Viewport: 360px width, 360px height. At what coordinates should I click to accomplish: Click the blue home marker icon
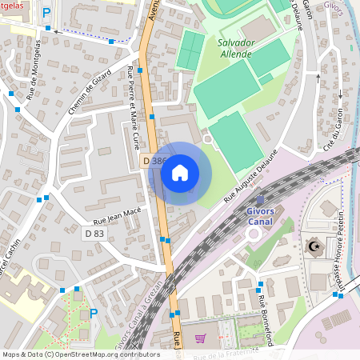point(180,173)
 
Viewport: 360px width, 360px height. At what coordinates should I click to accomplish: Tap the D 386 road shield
point(156,161)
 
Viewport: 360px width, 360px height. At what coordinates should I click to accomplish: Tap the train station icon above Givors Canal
point(259,198)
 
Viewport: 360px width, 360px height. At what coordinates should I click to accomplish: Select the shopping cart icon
point(200,338)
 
